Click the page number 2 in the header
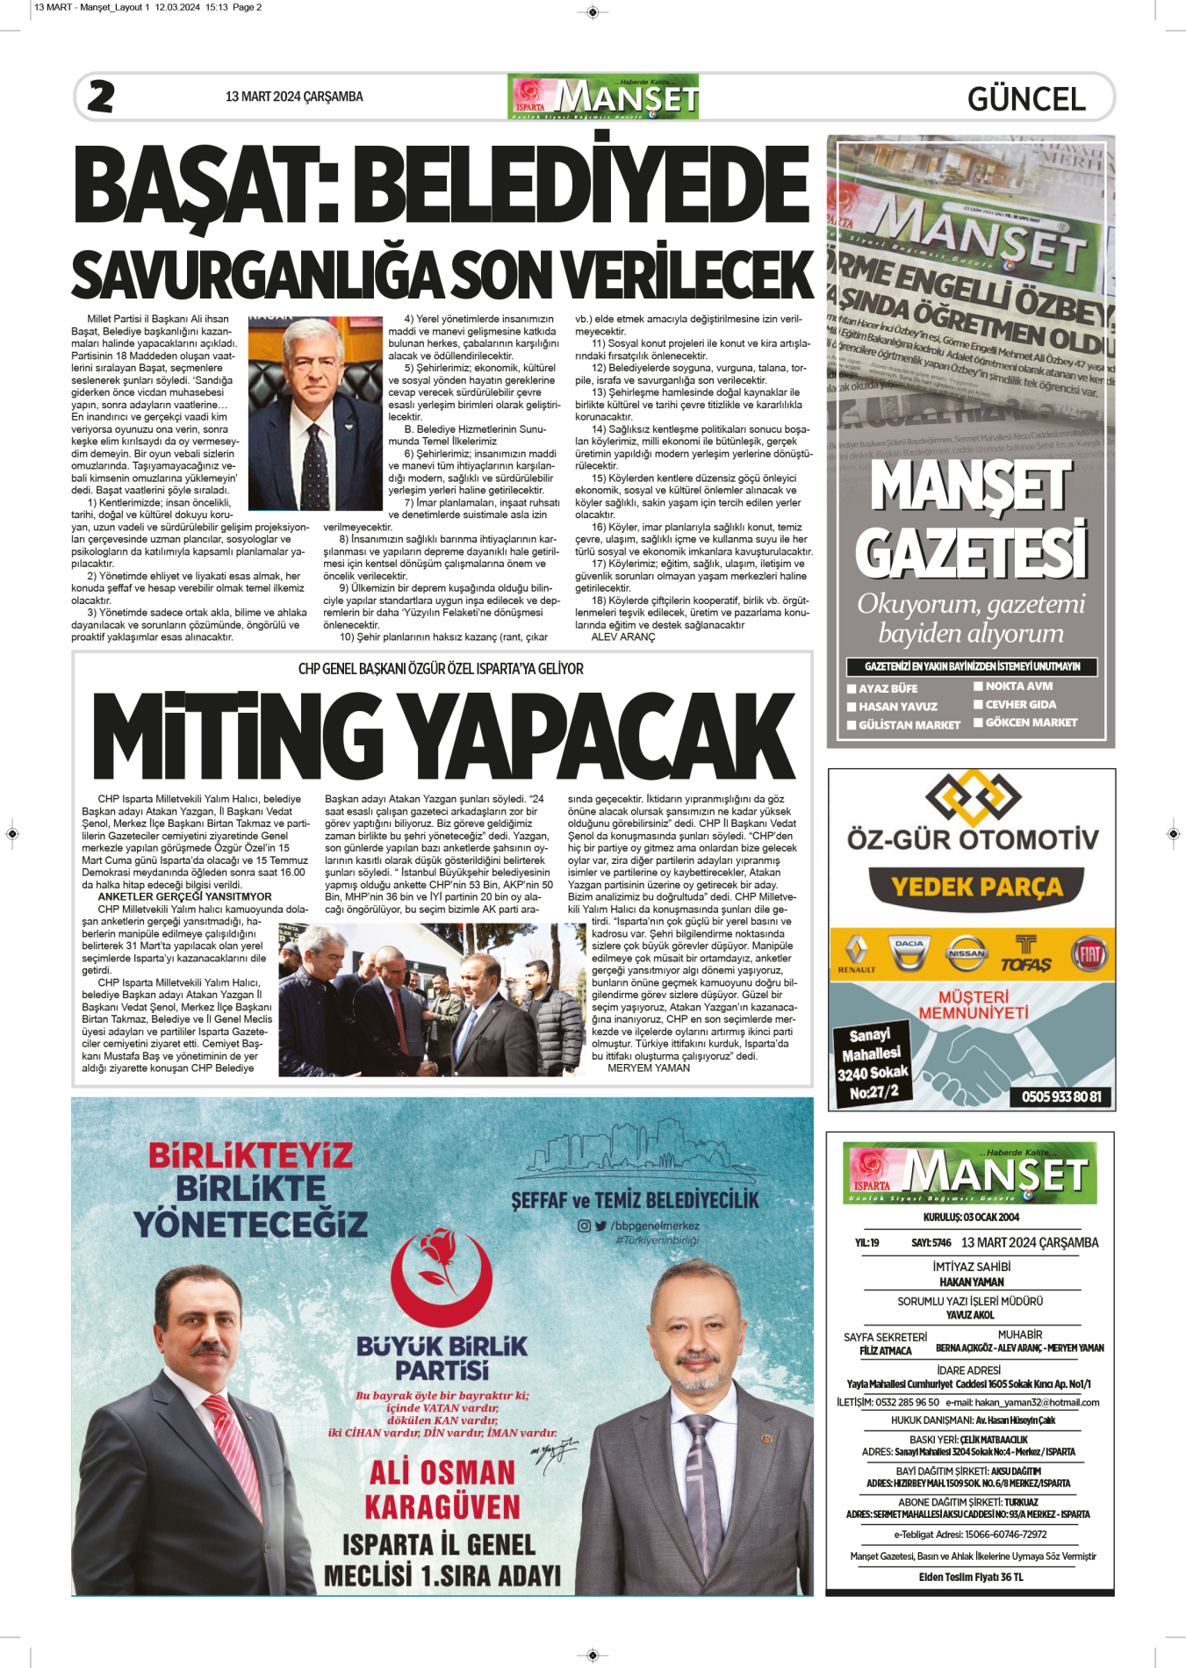click(x=101, y=97)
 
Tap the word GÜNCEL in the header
click(x=1026, y=99)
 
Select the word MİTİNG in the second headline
click(x=237, y=736)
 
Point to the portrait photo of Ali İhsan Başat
click(x=315, y=413)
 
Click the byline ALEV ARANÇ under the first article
click(x=623, y=637)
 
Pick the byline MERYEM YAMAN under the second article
click(x=649, y=1068)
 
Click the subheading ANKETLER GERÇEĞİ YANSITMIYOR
click(x=184, y=897)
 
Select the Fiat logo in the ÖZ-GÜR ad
click(x=1089, y=953)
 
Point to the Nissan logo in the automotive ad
click(x=967, y=953)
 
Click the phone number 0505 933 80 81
click(x=1061, y=1096)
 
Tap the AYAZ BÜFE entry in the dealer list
click(x=888, y=689)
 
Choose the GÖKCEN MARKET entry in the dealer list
click(x=1031, y=723)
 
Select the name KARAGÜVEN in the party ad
click(x=442, y=1507)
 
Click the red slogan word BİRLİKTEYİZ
click(x=250, y=1155)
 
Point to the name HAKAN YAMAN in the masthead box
click(x=971, y=1282)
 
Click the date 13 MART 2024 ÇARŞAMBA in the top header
click(x=294, y=97)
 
